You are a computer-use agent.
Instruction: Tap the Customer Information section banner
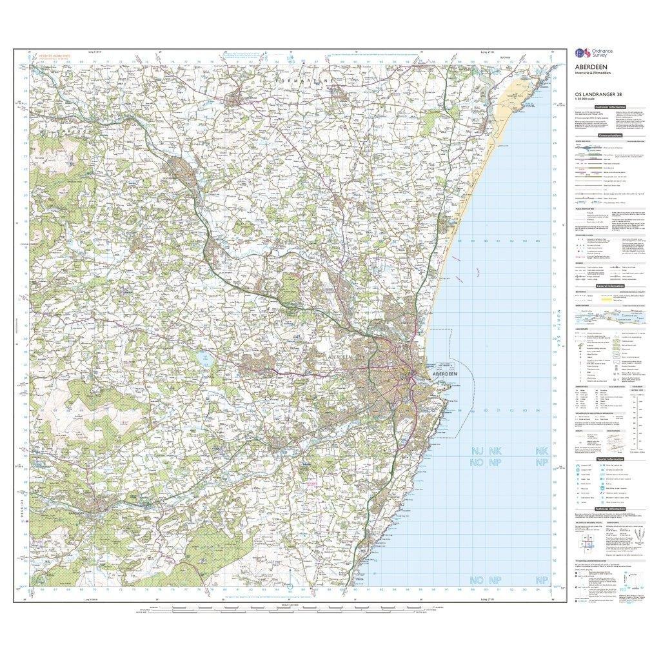click(609, 107)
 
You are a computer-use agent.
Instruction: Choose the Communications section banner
click(609, 135)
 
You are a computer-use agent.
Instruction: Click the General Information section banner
click(609, 286)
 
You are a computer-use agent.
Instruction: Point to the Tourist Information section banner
click(609, 459)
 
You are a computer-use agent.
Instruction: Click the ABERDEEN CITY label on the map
click(348, 357)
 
